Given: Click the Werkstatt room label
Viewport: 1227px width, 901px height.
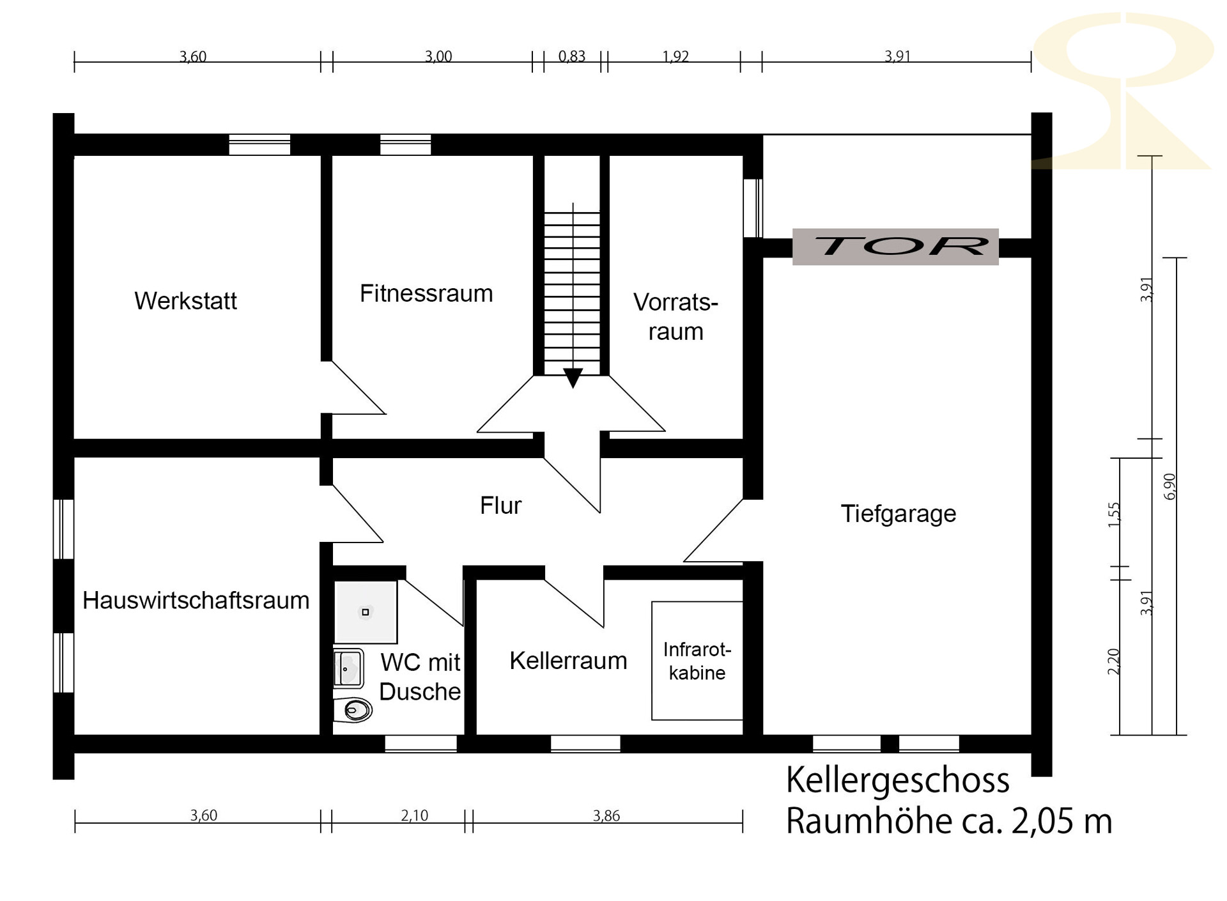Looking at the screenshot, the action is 185,301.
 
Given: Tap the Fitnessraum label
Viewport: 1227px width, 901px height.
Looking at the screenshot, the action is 426,293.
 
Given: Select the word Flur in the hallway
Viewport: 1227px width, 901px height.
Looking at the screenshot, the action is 500,505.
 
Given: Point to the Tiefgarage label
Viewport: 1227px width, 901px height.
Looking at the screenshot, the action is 898,514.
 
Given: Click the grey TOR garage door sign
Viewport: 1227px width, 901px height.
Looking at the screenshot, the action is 895,247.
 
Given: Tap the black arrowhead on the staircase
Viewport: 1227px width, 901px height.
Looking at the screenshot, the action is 573,378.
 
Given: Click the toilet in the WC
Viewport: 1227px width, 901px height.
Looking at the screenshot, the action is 353,709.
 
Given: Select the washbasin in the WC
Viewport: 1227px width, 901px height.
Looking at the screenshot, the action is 348,668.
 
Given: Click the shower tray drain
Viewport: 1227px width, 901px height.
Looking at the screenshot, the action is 366,612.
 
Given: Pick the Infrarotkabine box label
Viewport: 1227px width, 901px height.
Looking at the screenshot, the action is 697,661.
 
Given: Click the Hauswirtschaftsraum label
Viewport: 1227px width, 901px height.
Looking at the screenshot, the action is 196,601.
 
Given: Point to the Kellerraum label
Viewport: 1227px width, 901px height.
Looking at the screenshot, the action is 568,661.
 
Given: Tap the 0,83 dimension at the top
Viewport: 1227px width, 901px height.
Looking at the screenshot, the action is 572,56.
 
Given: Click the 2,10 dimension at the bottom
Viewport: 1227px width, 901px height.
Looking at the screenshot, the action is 415,815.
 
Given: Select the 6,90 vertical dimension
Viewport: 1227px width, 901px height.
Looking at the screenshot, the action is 1169,486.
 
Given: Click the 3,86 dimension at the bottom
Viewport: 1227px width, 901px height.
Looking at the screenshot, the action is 606,815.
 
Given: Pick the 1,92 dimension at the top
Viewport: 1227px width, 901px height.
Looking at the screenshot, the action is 675,56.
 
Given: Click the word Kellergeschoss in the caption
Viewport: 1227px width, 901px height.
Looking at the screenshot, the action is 898,780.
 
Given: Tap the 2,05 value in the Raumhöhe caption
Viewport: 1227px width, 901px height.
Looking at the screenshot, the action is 1044,821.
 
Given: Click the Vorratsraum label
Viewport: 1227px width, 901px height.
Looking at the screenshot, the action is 676,317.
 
